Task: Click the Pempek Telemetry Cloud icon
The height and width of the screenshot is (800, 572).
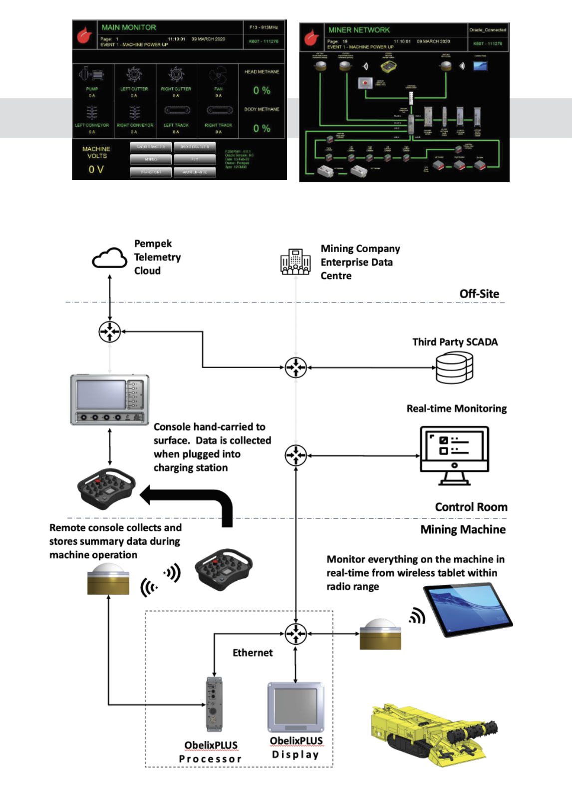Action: tap(109, 258)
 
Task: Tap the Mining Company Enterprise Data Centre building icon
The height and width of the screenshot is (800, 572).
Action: tap(295, 262)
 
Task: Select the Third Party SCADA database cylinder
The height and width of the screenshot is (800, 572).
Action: tap(454, 368)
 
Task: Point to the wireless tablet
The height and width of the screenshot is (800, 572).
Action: tap(468, 611)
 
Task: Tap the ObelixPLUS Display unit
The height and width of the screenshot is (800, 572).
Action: tap(295, 707)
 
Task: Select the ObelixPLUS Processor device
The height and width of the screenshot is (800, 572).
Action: tap(214, 704)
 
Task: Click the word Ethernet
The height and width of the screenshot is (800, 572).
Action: tap(253, 653)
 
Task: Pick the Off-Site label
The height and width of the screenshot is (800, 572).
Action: tap(479, 294)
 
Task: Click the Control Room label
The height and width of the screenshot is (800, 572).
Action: tap(471, 507)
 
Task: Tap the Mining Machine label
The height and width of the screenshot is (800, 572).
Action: tap(463, 529)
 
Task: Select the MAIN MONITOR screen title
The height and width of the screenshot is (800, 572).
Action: tap(129, 27)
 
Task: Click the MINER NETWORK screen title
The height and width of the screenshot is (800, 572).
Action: tap(359, 30)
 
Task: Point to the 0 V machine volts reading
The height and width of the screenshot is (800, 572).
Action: tap(96, 169)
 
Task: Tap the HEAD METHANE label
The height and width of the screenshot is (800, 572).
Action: tap(262, 72)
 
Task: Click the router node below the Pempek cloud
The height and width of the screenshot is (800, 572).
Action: tap(110, 332)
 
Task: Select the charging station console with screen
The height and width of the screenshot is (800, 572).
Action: tap(110, 400)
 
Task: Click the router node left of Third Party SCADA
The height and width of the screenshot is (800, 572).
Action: tap(295, 368)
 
